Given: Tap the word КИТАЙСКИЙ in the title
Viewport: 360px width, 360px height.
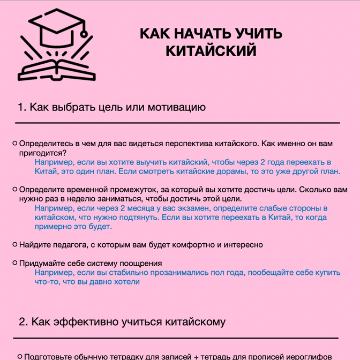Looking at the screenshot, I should pos(211,51).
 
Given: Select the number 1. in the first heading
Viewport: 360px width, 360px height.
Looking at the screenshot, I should pos(22,107).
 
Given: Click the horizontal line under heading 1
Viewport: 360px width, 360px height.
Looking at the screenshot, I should pos(177,123).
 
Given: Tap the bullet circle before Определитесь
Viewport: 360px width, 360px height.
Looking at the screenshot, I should pos(15,144).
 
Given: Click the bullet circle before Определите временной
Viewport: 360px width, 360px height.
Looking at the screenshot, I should pos(15,190).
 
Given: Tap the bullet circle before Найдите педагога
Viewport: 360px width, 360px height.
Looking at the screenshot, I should pos(15,244).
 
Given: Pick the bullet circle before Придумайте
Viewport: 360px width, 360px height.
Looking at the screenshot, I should pos(15,263).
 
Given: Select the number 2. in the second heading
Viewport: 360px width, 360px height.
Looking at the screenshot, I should pos(23,322).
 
